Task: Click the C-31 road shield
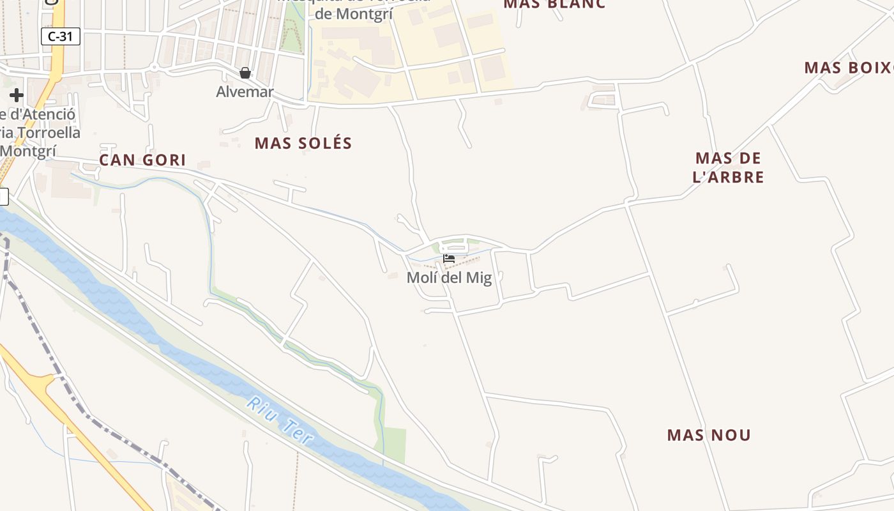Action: point(61,36)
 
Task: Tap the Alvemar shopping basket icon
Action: point(245,73)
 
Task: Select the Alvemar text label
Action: point(245,92)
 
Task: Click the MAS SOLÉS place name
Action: point(303,143)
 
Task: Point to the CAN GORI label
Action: point(142,160)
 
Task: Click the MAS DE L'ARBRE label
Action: point(729,167)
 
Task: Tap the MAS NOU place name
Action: point(709,436)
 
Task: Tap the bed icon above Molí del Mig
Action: point(449,259)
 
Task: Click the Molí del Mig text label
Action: point(449,278)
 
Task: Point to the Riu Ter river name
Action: point(281,421)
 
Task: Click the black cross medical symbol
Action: point(17,96)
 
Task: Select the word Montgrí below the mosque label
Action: point(354,14)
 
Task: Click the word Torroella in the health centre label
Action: point(49,133)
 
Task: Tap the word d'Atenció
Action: point(42,115)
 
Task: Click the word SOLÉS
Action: point(326,143)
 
